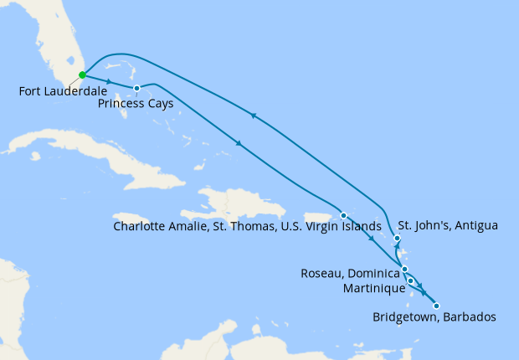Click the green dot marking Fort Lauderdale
tap(82, 75)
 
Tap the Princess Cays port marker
tap(136, 88)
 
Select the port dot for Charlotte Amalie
tap(343, 216)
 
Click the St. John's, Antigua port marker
tap(397, 240)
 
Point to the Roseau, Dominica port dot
tap(404, 269)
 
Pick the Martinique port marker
tap(410, 280)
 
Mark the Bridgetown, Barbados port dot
tap(436, 306)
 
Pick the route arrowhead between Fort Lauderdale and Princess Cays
tap(110, 81)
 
